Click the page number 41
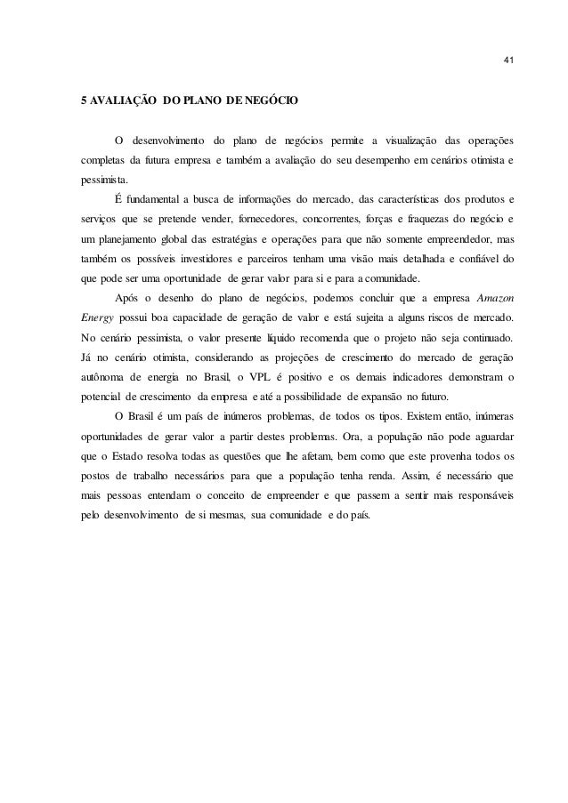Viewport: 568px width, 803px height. (x=507, y=60)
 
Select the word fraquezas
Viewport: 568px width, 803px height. (x=422, y=218)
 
